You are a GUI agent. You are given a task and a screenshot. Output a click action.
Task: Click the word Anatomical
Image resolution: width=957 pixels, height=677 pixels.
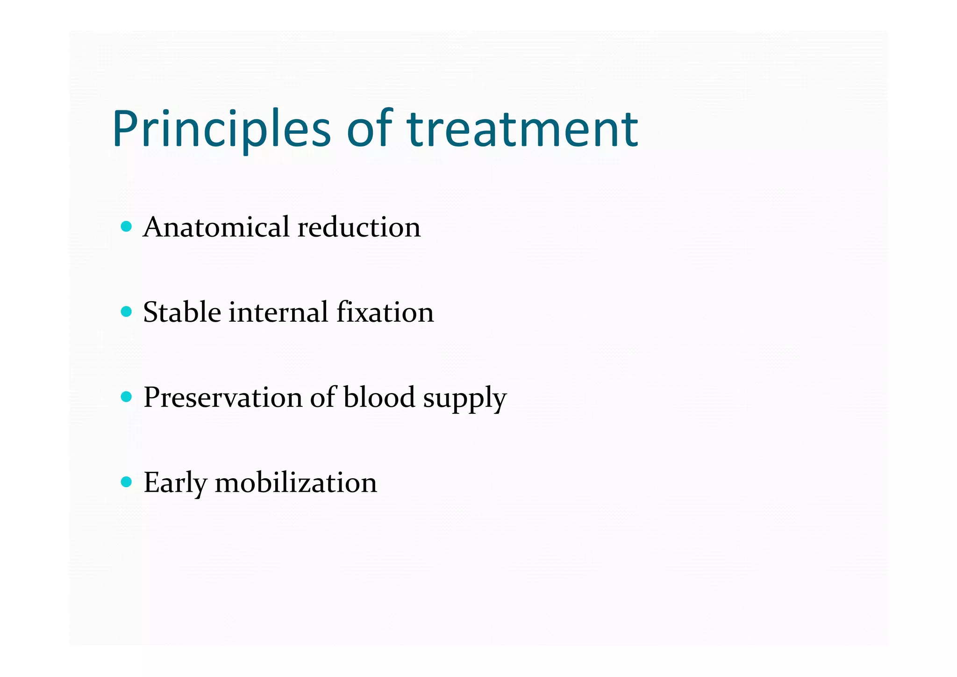point(216,227)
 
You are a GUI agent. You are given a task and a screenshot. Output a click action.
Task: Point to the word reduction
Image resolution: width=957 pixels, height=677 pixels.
point(359,227)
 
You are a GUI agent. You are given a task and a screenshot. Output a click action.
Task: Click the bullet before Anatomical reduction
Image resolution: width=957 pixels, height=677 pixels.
point(126,227)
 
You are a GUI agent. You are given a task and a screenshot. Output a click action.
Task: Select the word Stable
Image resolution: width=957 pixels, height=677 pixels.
point(182,312)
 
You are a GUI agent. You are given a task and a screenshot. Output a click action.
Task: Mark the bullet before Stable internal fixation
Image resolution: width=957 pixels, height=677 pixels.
point(126,312)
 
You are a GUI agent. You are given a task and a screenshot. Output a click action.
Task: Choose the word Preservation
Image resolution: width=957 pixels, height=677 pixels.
point(222,398)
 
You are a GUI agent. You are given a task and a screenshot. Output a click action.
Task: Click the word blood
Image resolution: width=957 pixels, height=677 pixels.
point(379,397)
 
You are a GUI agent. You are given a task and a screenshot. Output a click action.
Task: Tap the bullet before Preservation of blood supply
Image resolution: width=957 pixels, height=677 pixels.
point(126,397)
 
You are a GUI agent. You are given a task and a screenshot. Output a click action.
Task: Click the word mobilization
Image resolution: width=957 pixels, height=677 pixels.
point(295,483)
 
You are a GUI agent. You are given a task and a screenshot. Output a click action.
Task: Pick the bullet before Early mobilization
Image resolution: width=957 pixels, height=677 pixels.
point(126,482)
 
